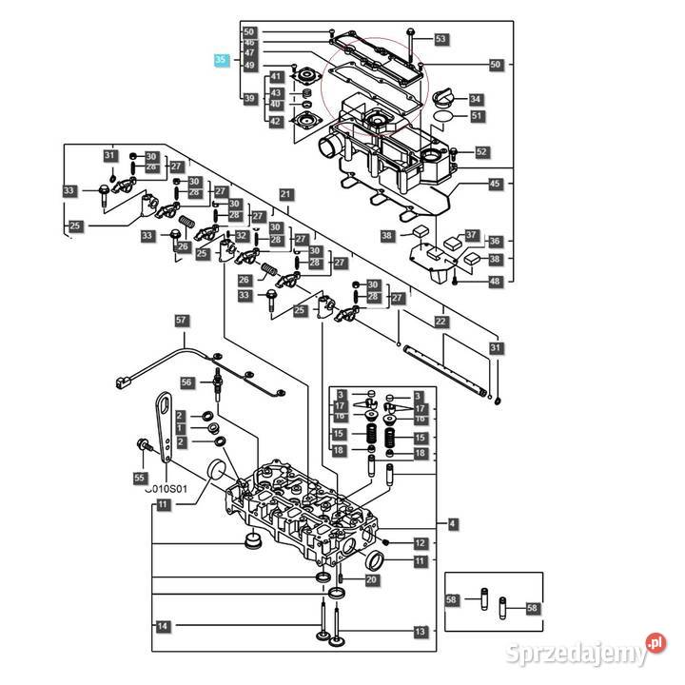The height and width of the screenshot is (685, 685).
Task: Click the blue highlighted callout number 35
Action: coord(222,59)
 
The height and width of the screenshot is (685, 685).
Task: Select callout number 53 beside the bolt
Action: coord(440,39)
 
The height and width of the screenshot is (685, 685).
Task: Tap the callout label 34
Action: coord(475,98)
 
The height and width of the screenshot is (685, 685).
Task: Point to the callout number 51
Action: coord(476,116)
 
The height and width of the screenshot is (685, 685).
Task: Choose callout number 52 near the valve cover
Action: coord(480,151)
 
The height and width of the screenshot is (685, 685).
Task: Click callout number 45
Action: coord(494,184)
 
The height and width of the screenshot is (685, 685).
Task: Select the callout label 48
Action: coord(494,281)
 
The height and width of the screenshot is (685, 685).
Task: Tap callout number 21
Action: coord(285,194)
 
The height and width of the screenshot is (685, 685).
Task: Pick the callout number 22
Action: coord(440,322)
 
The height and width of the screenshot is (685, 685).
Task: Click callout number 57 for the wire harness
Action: coord(182,321)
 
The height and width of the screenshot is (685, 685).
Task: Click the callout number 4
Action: coord(452,523)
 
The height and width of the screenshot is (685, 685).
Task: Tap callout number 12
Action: coord(420,543)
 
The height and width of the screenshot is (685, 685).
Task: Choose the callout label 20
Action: coord(371,579)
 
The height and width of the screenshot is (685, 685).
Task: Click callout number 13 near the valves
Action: coord(420,631)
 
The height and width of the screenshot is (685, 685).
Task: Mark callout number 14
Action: coord(164,626)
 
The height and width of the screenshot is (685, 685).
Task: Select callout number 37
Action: coord(471,235)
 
